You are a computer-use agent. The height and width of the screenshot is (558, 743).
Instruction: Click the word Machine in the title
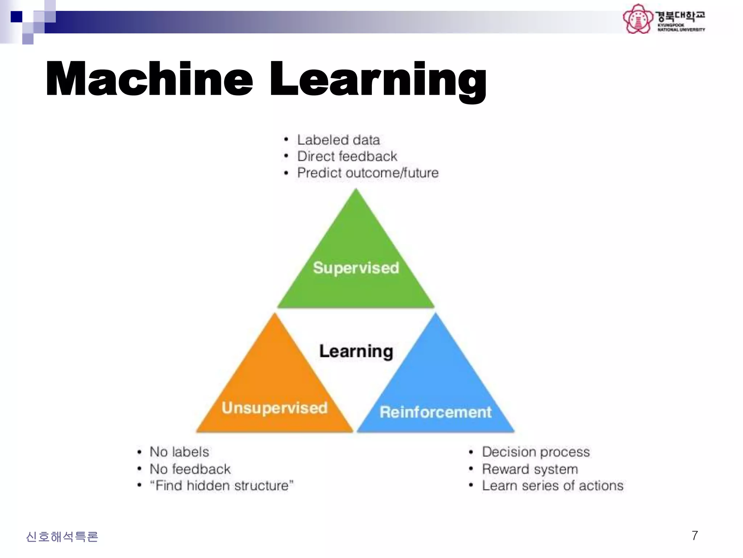[149, 79]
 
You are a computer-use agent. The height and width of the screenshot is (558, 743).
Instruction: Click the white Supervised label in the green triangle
[356, 268]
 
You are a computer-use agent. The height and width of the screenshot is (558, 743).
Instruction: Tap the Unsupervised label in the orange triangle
[275, 408]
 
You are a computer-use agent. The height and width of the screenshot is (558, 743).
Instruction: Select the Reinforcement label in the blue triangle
[435, 412]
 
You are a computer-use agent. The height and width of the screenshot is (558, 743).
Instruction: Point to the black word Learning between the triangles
[356, 351]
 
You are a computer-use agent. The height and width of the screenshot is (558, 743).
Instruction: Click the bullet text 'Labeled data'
[338, 140]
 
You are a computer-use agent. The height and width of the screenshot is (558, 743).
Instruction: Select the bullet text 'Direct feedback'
[347, 156]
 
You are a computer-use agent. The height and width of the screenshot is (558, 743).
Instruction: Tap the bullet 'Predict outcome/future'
[368, 173]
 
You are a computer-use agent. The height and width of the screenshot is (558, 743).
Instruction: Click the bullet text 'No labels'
[179, 452]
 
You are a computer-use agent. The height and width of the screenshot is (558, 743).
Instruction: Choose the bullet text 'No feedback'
[190, 469]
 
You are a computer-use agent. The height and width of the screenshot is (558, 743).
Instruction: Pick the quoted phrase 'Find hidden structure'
[222, 486]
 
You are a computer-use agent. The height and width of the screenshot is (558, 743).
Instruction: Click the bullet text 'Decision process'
[536, 452]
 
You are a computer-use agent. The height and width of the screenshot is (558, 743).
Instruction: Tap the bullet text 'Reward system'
[530, 469]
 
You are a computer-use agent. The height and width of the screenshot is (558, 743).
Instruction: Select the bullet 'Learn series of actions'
[553, 486]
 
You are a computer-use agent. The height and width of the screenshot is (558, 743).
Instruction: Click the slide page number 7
[695, 536]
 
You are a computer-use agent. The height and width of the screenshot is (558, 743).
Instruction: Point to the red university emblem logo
[638, 19]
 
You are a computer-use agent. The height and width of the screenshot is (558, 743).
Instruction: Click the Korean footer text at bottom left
[62, 537]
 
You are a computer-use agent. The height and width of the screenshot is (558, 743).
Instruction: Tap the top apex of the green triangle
[356, 190]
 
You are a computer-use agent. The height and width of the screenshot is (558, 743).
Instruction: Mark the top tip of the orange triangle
[275, 314]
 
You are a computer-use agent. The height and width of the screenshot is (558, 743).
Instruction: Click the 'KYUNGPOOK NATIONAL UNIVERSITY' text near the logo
[681, 27]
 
